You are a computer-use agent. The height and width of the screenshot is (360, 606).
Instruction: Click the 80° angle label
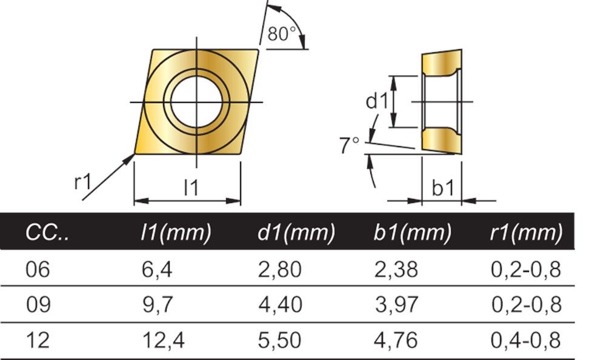coord(281,34)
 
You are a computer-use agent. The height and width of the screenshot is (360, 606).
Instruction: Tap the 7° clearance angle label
coord(350,145)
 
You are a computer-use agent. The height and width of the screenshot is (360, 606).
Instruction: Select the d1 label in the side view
coord(376,101)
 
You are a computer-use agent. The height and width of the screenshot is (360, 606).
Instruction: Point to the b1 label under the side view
coord(442,188)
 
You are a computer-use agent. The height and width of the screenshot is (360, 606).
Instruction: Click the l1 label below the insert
coord(191,187)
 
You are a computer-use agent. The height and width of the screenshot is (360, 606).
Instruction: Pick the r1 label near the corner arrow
coord(82,181)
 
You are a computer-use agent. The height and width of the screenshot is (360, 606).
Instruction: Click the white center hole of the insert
coord(196,102)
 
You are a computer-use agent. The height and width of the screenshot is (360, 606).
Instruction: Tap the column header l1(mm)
coord(176,233)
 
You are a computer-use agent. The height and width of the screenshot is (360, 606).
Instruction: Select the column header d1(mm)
coord(296,233)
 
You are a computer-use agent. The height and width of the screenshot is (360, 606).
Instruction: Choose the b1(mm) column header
coord(412,233)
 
